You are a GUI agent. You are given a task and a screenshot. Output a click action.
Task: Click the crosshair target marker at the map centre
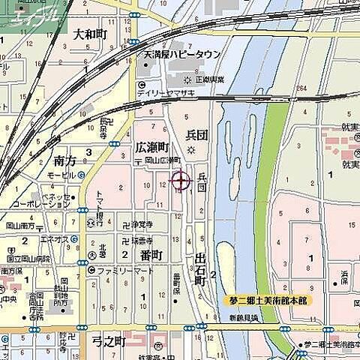(x=181, y=180)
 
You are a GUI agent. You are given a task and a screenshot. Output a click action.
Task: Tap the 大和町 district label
(x=91, y=34)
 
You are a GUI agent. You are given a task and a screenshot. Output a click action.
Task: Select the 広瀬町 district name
(x=152, y=147)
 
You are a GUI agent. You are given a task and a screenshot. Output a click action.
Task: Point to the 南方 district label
(x=65, y=160)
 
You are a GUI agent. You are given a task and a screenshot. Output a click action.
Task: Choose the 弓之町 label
(x=109, y=341)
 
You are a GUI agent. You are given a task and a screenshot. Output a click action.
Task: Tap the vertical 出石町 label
(x=199, y=268)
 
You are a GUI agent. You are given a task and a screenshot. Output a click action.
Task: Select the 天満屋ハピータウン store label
(x=182, y=55)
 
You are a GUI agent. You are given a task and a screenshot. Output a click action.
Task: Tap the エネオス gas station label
(x=55, y=238)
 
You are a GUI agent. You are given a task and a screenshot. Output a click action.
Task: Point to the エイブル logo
(x=34, y=16)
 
